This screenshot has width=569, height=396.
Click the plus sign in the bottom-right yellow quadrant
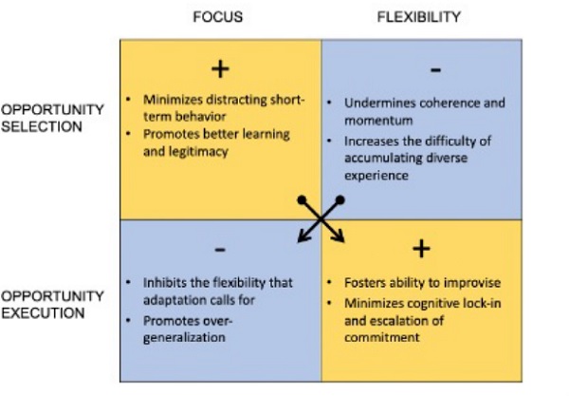point(422,249)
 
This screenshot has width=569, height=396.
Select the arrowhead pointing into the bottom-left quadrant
point(300,240)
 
